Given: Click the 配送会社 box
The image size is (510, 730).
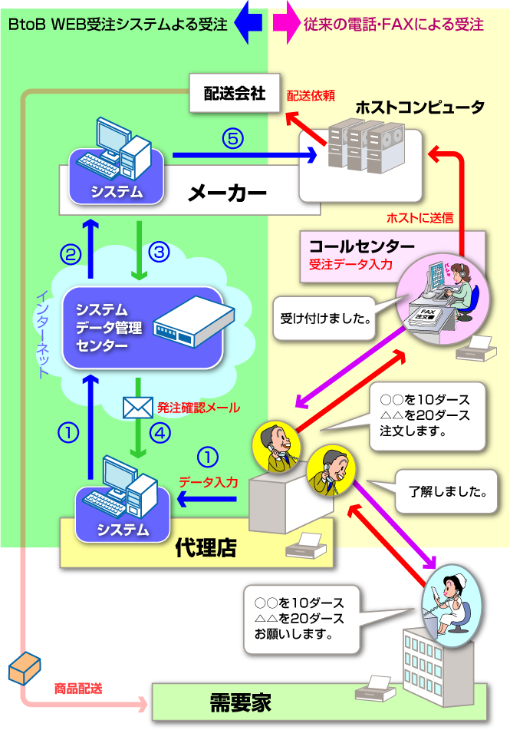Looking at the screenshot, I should [x=234, y=94].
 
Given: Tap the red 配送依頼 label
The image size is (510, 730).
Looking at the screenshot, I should [x=311, y=96].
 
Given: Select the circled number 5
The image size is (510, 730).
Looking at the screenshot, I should [x=233, y=138].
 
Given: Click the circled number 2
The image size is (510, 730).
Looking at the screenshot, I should [x=71, y=256].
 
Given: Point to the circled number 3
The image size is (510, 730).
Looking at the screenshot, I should [x=158, y=252].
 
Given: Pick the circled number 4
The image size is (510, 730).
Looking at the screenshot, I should [x=159, y=433].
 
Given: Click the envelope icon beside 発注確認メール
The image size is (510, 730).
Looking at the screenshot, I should [x=138, y=408].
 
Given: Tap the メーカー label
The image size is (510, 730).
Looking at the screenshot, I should [x=227, y=193].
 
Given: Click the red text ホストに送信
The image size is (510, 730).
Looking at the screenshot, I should [x=420, y=218].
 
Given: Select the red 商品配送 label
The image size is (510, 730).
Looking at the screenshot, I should [x=78, y=689].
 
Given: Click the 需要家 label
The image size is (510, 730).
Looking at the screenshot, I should [x=241, y=702].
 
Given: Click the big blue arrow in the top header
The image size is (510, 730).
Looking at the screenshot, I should [x=249, y=23].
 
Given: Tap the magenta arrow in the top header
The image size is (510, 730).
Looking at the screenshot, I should [x=285, y=23].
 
